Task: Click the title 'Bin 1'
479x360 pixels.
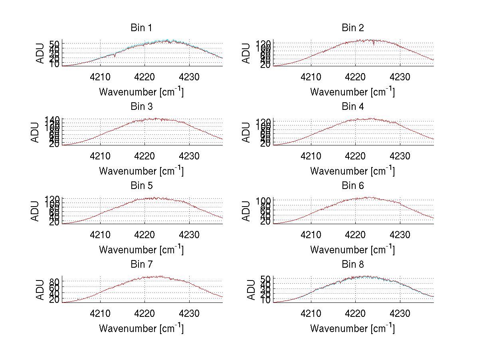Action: (x=141, y=28)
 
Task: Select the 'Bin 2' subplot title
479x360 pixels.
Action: (x=353, y=28)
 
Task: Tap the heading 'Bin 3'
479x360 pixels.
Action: (x=141, y=107)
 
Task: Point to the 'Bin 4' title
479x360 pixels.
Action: (x=353, y=107)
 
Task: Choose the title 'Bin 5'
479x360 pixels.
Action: (x=141, y=186)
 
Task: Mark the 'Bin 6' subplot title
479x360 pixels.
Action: (x=353, y=186)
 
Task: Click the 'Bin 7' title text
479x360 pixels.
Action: (x=141, y=265)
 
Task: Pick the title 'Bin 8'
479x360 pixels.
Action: (x=353, y=265)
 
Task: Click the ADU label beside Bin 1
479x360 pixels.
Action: (x=40, y=53)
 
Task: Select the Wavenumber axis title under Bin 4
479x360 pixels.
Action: (x=352, y=171)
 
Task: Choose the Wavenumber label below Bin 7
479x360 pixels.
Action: (x=141, y=328)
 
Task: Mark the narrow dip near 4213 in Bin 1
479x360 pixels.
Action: (x=115, y=56)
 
